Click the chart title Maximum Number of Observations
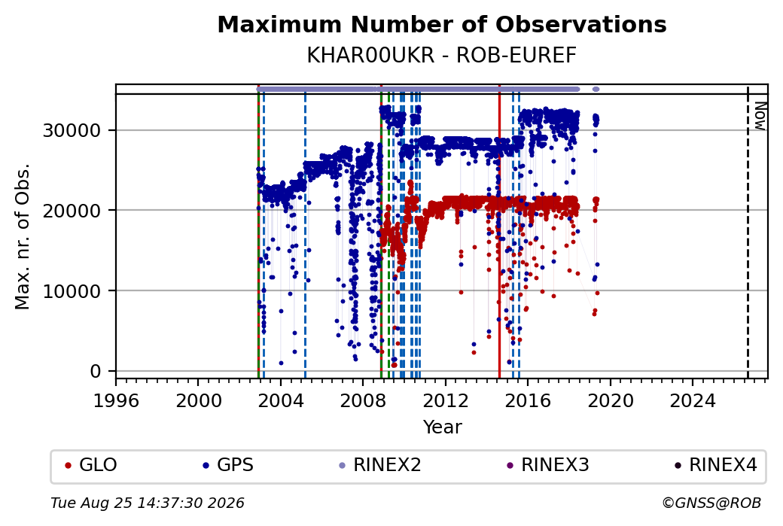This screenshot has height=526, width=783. pos(442,24)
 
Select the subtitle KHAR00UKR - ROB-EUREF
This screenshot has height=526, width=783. pos(442,56)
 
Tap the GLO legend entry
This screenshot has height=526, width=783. pos(91,465)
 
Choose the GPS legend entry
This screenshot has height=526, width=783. pos(228,465)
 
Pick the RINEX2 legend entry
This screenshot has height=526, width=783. pos(380,465)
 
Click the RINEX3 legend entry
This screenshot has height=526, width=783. pos(548,465)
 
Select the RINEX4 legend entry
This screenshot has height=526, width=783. pos(716,465)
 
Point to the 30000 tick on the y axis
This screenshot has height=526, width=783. pos(72,131)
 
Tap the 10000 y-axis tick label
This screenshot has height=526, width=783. pos(72,291)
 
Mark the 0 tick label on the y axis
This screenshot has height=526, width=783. pos(96,371)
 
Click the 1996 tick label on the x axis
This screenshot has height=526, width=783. pos(116,400)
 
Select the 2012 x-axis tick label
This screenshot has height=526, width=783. pos(446,400)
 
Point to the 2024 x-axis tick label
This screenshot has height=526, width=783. pos(693,400)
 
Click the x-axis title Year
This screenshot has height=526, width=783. pos(443,427)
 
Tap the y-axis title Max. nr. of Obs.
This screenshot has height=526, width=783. pos(23,236)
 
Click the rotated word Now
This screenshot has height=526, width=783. pos(760,117)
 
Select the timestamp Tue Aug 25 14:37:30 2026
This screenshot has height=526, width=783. pos(148,503)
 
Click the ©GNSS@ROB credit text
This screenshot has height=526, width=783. pos(711,503)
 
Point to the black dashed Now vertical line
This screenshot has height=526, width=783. pos(748,232)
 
